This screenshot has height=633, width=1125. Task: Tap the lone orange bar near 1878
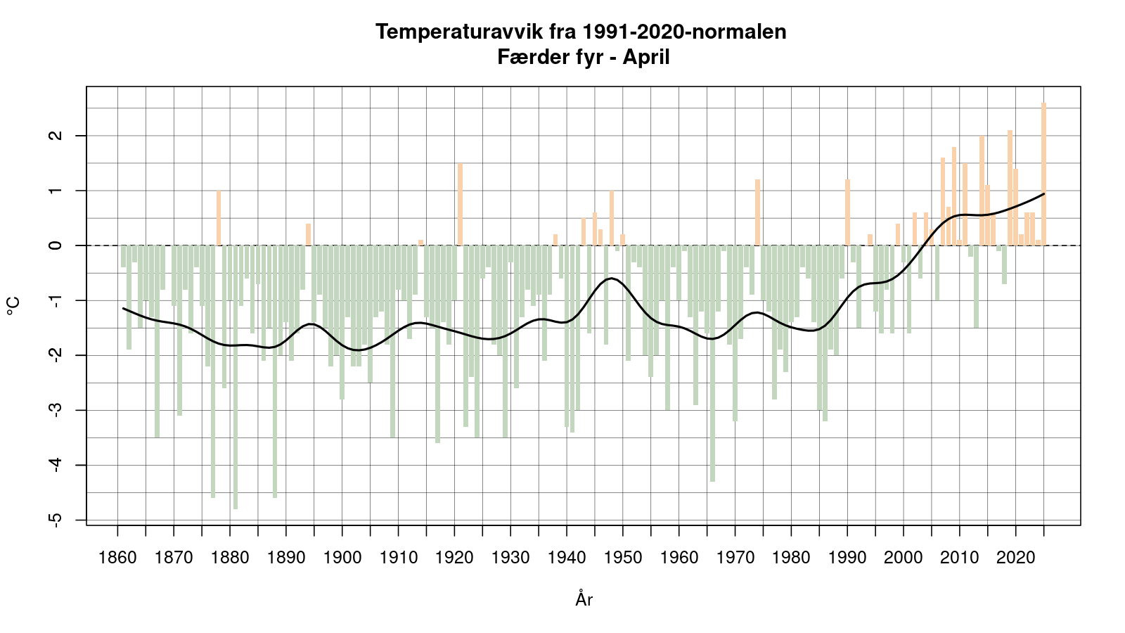tap(219, 218)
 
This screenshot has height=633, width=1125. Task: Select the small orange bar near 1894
tap(308, 234)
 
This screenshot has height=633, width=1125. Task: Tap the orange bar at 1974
tap(757, 212)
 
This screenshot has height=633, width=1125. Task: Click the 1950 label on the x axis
tap(623, 558)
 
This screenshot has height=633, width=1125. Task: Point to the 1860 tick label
tap(117, 558)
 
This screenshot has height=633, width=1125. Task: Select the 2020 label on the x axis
tap(1016, 558)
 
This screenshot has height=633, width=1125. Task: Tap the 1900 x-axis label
tap(342, 558)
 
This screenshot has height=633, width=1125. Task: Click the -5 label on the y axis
tap(57, 519)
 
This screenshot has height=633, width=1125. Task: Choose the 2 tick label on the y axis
tap(57, 135)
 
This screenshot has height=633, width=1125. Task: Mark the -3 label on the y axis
tap(57, 409)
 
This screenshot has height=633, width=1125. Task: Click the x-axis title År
tap(584, 599)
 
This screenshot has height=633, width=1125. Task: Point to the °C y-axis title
tap(13, 306)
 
